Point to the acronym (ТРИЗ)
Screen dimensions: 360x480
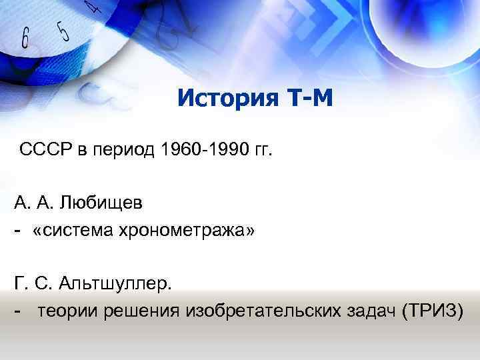pyautogui.click(x=432, y=312)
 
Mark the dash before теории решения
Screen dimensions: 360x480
pyautogui.click(x=16, y=313)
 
